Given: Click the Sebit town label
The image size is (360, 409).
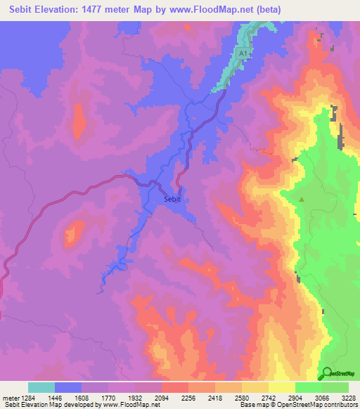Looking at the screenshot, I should coord(172,200).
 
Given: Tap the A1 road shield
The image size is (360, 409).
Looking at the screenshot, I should coord(243,53).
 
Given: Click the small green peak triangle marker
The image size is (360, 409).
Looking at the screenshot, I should coord(302,200).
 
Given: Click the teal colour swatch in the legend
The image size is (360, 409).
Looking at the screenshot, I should coord(41,387).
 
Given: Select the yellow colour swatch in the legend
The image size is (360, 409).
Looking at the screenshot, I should coord(281,387).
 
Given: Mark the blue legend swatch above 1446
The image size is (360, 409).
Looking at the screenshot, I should coord(68,387).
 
